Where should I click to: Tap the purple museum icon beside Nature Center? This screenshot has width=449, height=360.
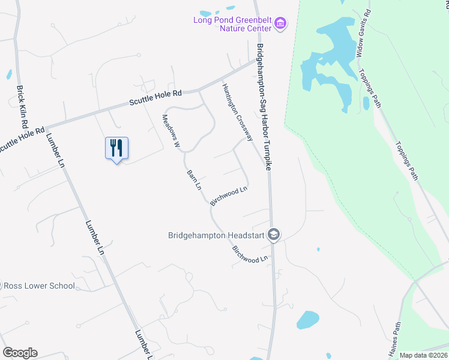(x=280, y=24)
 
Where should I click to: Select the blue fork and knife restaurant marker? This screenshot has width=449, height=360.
(x=116, y=148)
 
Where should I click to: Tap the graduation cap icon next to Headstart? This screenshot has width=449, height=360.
(x=274, y=235)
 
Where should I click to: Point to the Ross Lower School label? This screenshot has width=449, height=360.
(x=40, y=286)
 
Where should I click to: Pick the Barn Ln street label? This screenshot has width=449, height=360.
(x=193, y=179)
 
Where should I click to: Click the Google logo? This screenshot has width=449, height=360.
(x=20, y=353)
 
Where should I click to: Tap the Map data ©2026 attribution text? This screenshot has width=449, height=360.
(x=423, y=355)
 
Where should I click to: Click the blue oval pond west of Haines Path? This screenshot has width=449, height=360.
(x=307, y=320)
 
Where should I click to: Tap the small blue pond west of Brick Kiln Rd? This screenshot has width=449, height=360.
(x=9, y=74)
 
